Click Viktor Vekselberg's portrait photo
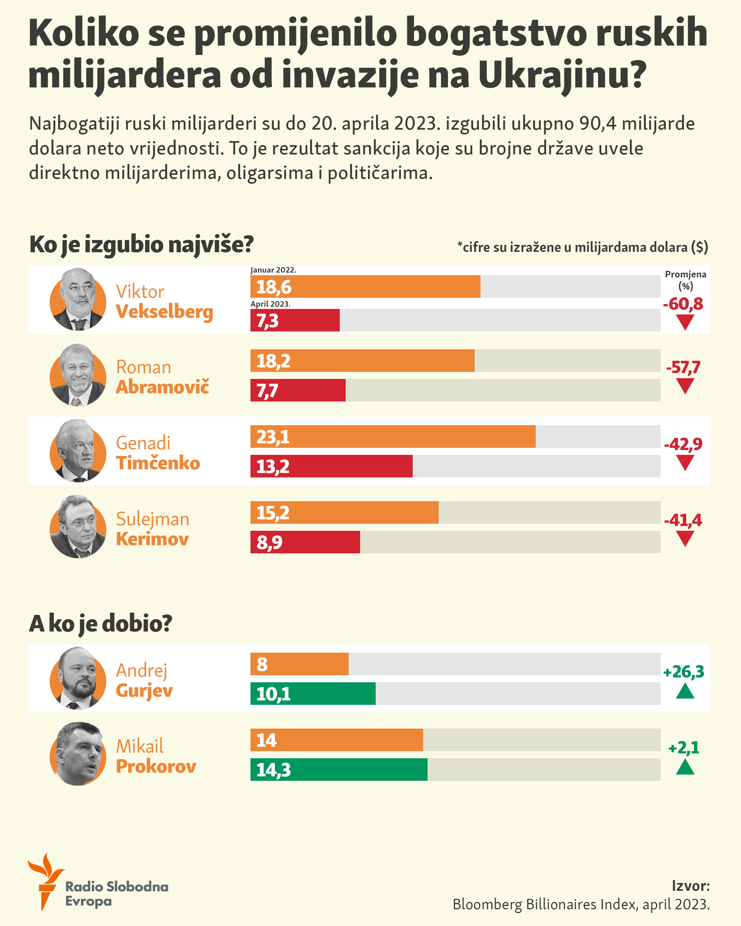pyautogui.click(x=78, y=299)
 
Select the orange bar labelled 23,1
pyautogui.click(x=393, y=436)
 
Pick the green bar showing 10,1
pyautogui.click(x=313, y=693)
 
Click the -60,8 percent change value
pyautogui.click(x=682, y=304)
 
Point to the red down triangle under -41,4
pyautogui.click(x=685, y=538)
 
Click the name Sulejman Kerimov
pyautogui.click(x=153, y=529)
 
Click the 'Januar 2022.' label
pyautogui.click(x=273, y=270)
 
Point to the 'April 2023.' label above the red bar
pyautogui.click(x=270, y=304)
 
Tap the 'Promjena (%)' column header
pyautogui.click(x=685, y=280)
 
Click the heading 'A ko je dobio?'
pyautogui.click(x=100, y=624)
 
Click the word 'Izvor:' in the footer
pyautogui.click(x=690, y=886)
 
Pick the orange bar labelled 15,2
pyautogui.click(x=344, y=512)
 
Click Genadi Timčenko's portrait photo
pyautogui.click(x=78, y=451)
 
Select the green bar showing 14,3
pyautogui.click(x=339, y=769)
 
